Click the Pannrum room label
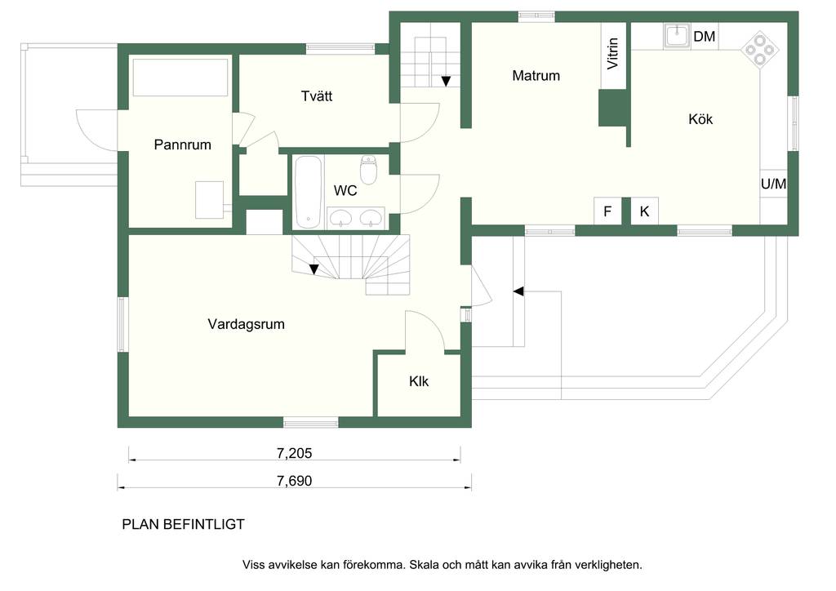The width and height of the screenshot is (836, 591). tap(182, 144)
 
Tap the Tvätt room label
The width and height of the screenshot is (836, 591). tap(317, 96)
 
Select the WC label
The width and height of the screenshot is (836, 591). tap(345, 190)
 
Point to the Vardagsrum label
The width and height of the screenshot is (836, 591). tap(246, 324)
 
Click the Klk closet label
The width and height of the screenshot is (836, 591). tap(419, 381)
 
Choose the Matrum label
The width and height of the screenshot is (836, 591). tap(536, 76)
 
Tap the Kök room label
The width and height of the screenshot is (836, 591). tap(700, 119)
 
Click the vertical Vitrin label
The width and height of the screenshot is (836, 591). tap(612, 53)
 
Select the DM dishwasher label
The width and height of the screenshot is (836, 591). tap(705, 36)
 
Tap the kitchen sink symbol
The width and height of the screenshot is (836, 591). tap(677, 36)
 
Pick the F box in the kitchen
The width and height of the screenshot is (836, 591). tap(607, 211)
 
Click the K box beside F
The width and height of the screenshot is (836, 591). tap(645, 211)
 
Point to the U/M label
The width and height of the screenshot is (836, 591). tap(774, 184)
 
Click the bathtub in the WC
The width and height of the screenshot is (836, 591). tap(308, 192)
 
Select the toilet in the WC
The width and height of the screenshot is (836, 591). tap(369, 170)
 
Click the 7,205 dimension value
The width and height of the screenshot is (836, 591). tap(294, 453)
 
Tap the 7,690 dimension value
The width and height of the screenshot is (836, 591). tap(294, 481)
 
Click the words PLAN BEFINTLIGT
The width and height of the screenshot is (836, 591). tap(184, 524)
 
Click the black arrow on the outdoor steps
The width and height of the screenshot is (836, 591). tap(518, 291)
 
